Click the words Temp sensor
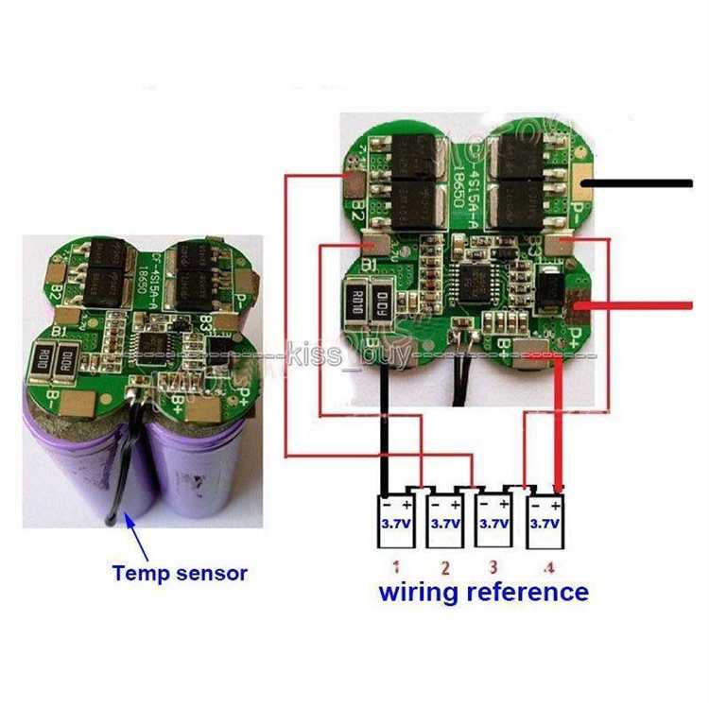tap(180, 572)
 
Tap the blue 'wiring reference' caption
tap(483, 593)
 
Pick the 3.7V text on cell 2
tap(444, 522)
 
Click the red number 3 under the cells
tap(493, 568)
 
